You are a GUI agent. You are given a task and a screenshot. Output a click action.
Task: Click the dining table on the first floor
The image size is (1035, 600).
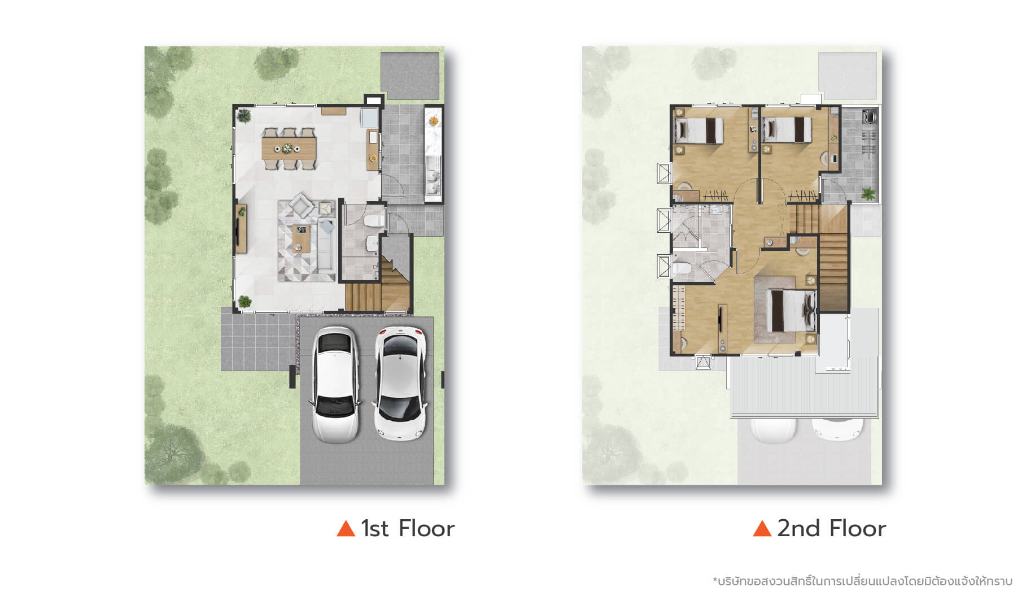pos(289,149)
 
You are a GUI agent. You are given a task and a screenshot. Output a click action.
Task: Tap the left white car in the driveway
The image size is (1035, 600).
pos(335,384)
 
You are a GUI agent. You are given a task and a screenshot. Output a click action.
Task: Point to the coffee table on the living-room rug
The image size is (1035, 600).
pos(300,238)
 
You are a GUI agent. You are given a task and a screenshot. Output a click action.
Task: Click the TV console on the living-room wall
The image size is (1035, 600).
pos(241,228)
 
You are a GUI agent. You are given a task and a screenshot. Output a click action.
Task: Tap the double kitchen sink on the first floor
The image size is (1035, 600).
pos(433,175)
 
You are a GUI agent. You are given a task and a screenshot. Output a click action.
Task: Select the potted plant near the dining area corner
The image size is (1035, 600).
pos(244,116)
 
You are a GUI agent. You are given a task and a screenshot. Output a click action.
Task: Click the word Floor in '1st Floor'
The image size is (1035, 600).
pos(426,529)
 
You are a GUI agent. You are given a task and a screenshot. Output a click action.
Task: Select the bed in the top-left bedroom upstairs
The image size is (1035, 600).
pos(699,131)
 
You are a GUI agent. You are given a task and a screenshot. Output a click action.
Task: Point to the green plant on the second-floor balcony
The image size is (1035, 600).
pos(868,193)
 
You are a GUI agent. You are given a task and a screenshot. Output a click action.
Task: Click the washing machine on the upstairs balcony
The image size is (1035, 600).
pos(869,117)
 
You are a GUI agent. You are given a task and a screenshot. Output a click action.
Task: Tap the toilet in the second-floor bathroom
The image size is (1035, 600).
pos(681,267)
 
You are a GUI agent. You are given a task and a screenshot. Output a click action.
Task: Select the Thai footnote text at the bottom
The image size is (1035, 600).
pos(862,581)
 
